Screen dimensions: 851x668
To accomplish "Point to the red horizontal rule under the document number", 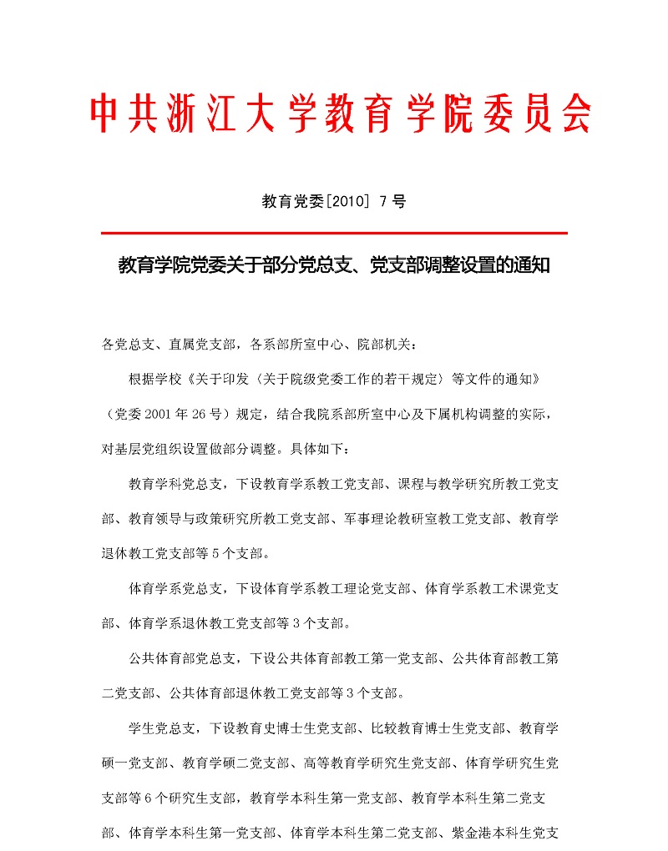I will pyautogui.click(x=334, y=233).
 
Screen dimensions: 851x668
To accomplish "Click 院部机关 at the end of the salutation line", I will pyautogui.click(x=385, y=344).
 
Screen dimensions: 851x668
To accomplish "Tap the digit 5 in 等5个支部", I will pyautogui.click(x=207, y=553).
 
